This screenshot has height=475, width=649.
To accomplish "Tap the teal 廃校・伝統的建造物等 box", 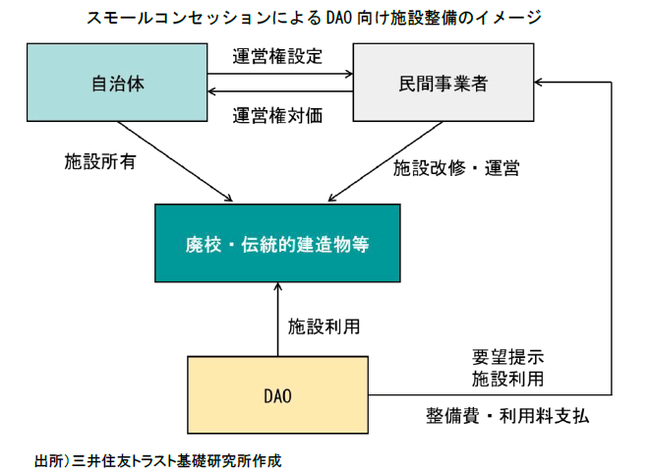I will point(277,242).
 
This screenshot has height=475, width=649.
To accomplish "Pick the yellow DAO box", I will point(277,396).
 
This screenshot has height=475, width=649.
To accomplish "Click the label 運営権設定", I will point(276,56).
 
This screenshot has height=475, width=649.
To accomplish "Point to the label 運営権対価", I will point(276,115).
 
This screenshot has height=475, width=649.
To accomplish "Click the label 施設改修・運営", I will point(456,167).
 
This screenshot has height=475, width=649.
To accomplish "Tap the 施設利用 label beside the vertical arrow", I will point(324,324).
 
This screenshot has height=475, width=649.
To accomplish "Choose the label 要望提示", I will point(508,355).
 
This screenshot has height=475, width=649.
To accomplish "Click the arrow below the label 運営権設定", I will point(280,74).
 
